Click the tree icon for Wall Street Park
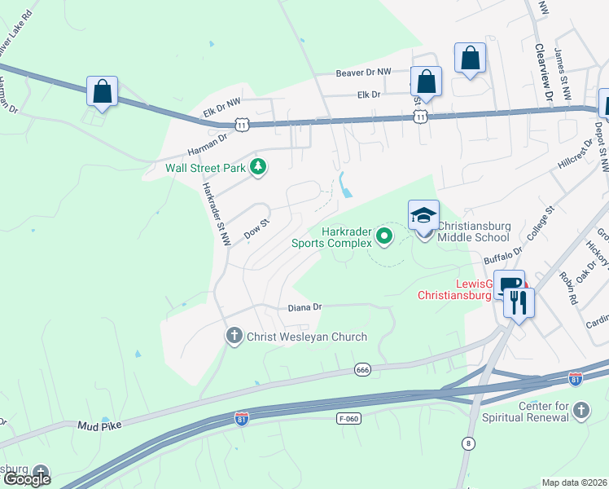(258, 167)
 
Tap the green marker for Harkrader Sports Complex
(385, 237)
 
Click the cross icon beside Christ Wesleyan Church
(234, 336)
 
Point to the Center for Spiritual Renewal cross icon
(581, 410)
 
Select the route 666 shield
(363, 370)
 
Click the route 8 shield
(468, 443)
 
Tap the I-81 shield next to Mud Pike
(242, 418)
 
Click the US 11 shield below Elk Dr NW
(242, 124)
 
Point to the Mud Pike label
(99, 425)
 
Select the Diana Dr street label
(305, 307)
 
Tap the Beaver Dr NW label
(363, 73)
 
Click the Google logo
(26, 478)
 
